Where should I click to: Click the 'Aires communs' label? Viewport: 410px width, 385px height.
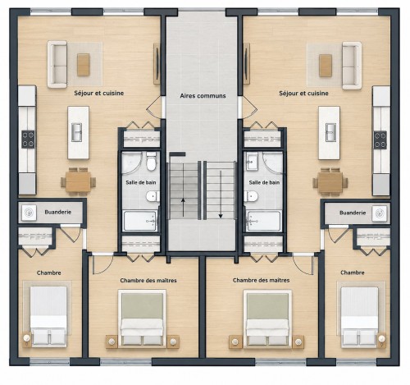point(203,96)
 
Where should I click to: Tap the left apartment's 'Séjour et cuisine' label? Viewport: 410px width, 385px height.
point(99,94)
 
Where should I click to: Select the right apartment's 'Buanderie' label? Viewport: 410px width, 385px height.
point(353,213)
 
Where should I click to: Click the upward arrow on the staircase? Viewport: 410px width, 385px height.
point(183,208)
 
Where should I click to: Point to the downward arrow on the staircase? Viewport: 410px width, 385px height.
point(221,208)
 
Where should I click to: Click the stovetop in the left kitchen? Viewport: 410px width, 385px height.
point(28,140)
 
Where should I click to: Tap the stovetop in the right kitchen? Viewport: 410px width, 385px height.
point(380,140)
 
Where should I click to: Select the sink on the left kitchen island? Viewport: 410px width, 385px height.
point(77,132)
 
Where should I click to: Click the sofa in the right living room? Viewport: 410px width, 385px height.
point(352,66)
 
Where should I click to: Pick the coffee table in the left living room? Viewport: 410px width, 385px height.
point(84,65)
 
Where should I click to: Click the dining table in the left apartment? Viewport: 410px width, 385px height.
point(78,182)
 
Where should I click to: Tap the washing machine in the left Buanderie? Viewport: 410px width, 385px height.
point(30,213)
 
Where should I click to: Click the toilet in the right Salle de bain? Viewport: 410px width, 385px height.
point(251,196)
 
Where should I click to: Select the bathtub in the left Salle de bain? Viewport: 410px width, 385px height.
point(140,221)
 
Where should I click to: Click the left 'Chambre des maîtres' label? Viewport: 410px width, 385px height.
point(148,281)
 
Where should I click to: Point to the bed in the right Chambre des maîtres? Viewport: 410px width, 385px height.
point(267,319)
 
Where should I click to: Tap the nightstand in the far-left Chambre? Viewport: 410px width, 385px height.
point(27,339)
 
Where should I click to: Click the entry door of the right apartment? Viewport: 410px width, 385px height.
point(248,108)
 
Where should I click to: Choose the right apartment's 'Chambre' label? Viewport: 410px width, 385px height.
point(353,273)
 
